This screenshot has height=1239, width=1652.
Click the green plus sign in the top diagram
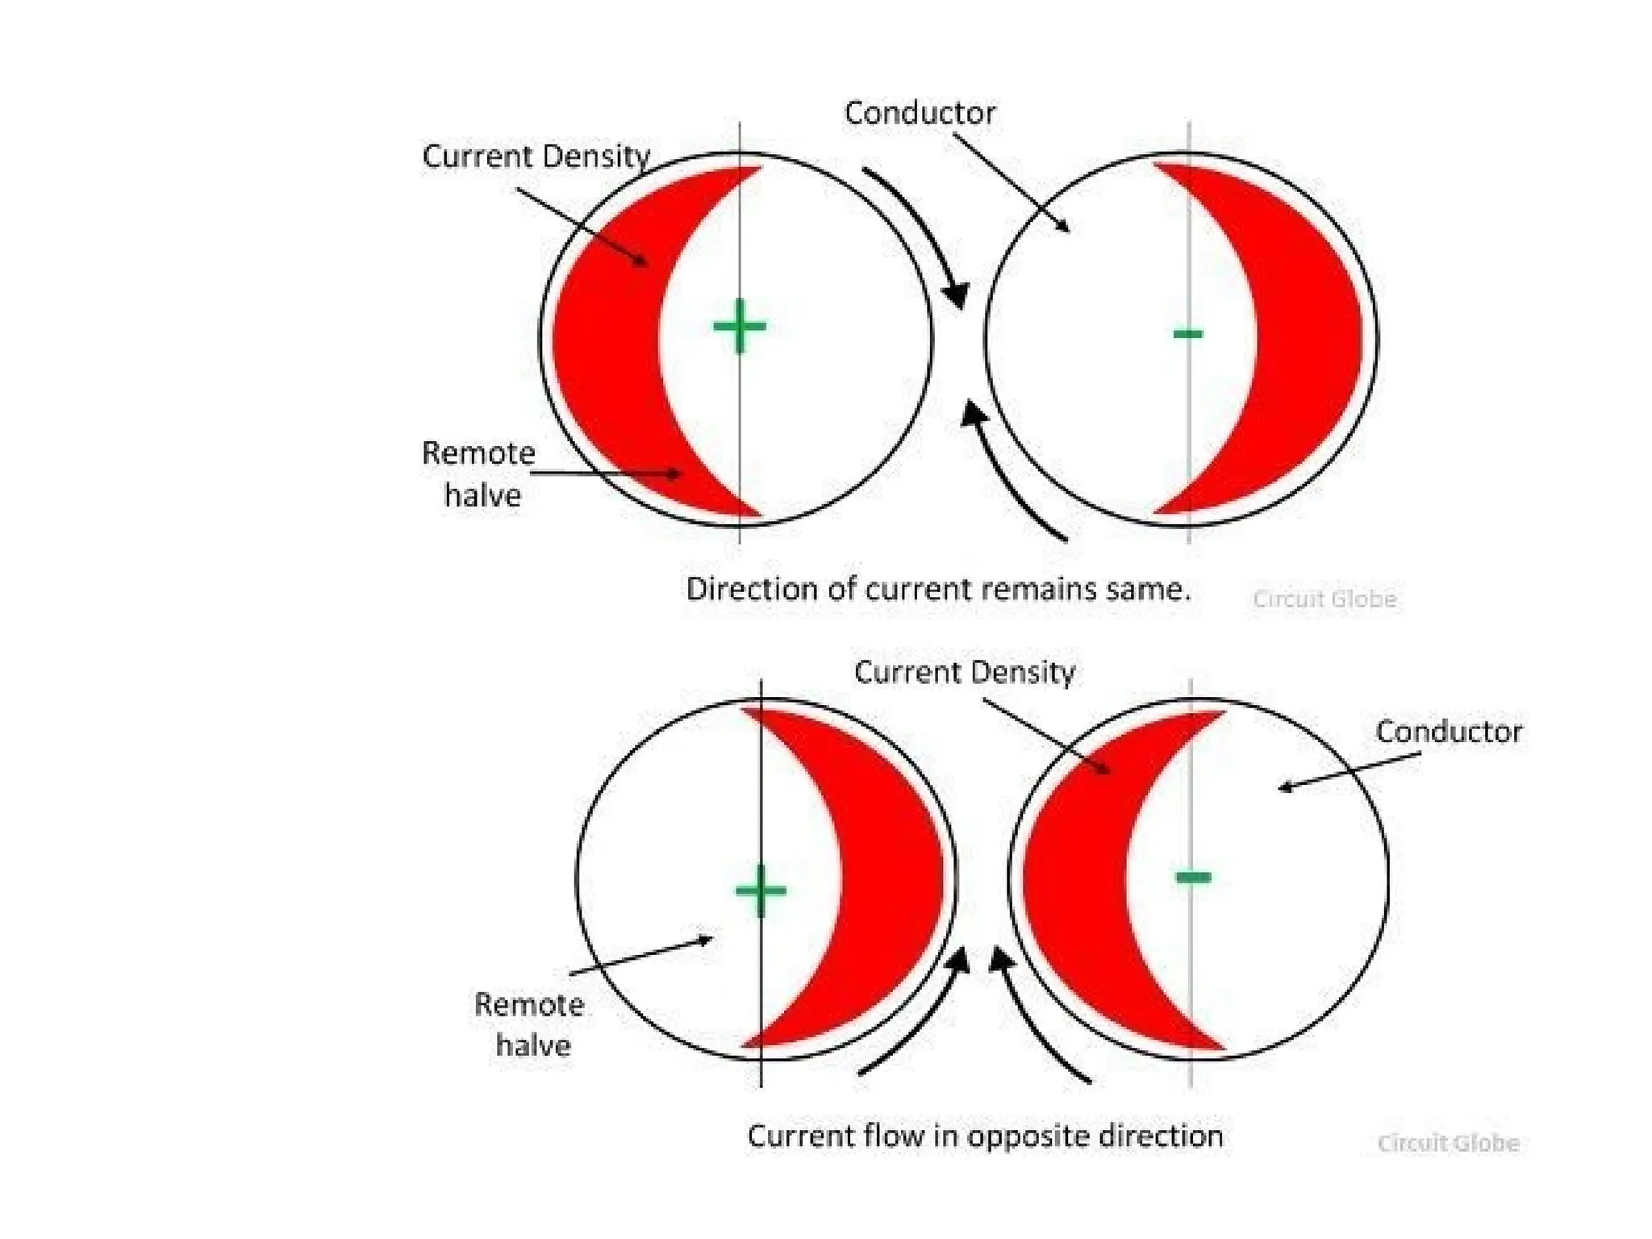[x=740, y=327]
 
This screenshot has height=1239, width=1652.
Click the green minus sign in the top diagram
[x=1188, y=333]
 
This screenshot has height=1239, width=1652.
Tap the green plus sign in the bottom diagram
[x=761, y=891]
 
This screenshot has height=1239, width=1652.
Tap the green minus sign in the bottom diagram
[x=1194, y=877]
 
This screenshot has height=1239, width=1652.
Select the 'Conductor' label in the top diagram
[x=920, y=114]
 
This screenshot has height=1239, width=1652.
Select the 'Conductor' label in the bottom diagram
[x=1448, y=732]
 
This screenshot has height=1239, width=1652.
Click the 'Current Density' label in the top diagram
[x=536, y=156]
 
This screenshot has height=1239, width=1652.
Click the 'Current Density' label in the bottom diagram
[x=965, y=673]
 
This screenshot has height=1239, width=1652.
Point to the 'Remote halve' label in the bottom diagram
[x=530, y=1024]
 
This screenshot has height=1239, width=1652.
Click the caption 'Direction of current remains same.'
[x=938, y=590]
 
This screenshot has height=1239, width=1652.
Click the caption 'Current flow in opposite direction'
[x=985, y=1137]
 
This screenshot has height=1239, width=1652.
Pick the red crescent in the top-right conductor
[x=1307, y=339]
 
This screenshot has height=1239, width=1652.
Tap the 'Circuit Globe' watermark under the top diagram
[x=1325, y=599]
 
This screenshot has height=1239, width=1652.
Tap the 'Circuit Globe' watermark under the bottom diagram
[x=1448, y=1143]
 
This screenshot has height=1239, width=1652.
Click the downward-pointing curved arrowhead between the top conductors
[x=957, y=294]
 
